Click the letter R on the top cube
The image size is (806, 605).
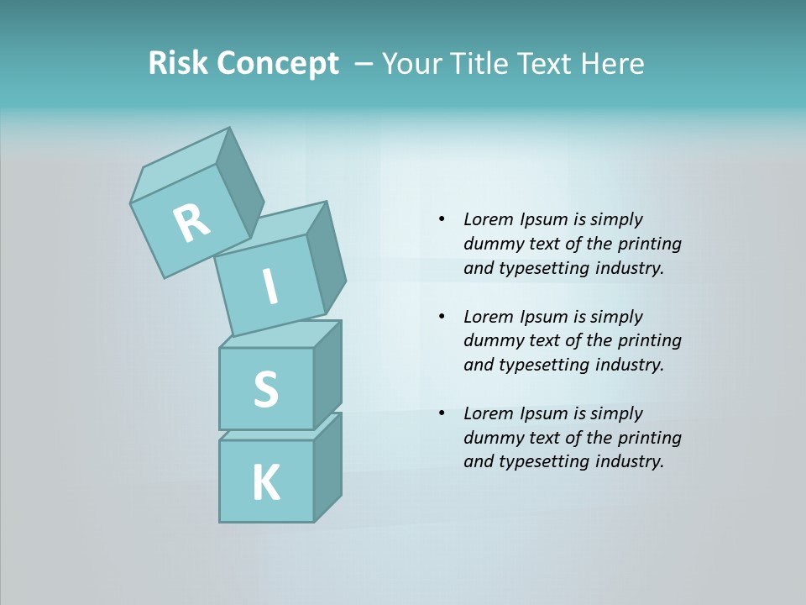pos(191,224)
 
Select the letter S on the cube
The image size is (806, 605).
pos(265,389)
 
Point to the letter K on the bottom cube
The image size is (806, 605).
pos(266,483)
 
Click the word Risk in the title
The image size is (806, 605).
pos(178,63)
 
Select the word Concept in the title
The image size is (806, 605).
pos(277,64)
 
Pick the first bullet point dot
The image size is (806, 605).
pos(442,219)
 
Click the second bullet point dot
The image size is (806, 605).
pos(442,317)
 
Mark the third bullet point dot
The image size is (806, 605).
pos(442,413)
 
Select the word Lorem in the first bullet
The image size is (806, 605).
pos(489,219)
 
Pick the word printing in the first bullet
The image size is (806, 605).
pos(650,244)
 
